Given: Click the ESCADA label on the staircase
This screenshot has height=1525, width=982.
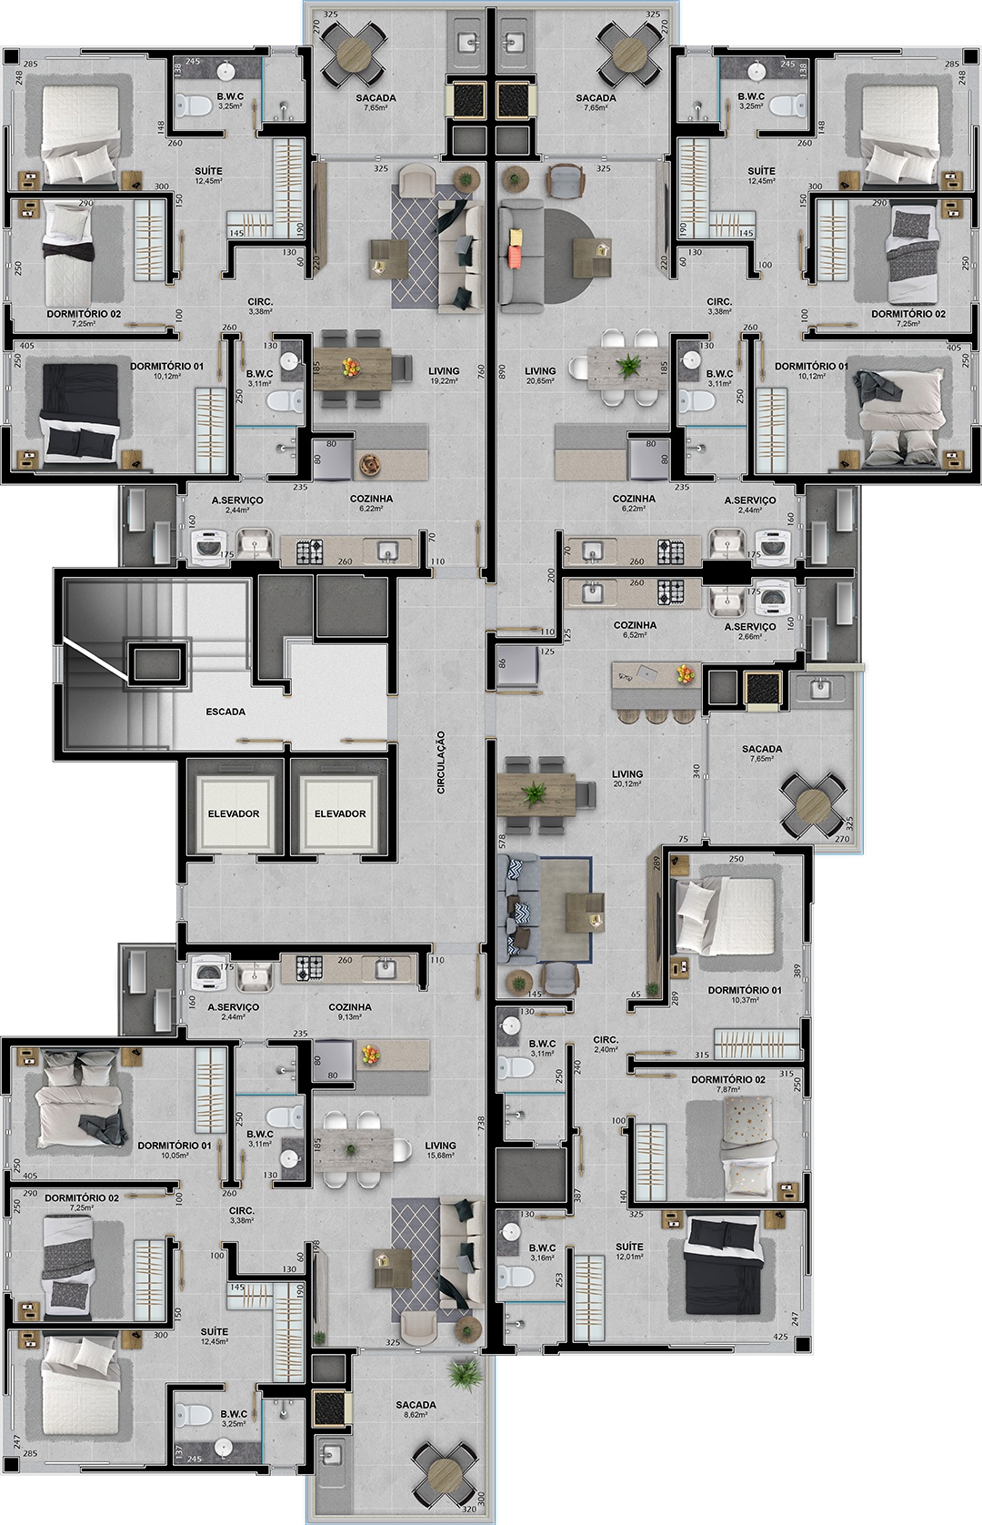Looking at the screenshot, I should (225, 712).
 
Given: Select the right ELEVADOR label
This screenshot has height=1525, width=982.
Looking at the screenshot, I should (340, 813).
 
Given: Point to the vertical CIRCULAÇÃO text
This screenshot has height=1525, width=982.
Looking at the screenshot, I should (440, 762).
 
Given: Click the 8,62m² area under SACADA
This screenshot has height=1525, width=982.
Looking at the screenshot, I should (416, 1418).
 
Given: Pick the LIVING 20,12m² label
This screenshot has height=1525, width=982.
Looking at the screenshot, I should (628, 778).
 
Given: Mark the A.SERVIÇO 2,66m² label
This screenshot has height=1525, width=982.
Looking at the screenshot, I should (750, 631).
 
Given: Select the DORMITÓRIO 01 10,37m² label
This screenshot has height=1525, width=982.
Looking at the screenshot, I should (744, 995).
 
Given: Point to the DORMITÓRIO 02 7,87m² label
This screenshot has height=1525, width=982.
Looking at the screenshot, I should (728, 1084).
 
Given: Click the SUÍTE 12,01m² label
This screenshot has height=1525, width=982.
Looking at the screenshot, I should (629, 1251).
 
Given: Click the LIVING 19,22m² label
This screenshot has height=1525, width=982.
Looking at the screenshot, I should (444, 376).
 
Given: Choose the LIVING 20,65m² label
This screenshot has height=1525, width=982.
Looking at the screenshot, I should (540, 376).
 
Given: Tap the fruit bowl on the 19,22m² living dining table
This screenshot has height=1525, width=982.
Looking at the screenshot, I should (349, 367).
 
